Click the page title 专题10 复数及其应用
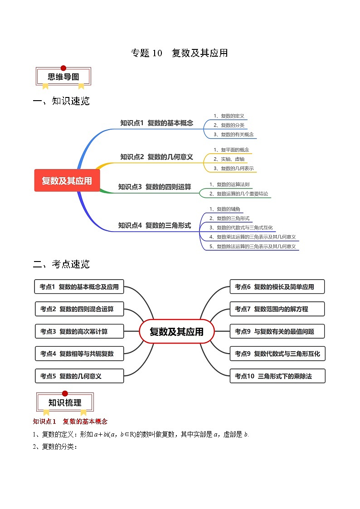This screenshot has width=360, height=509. tap(179, 53)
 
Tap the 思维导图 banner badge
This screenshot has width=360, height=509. tap(63, 77)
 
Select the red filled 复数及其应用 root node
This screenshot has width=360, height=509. tap(67, 181)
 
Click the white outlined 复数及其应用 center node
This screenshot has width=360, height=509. tap(176, 331)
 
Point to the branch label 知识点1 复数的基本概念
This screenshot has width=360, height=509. tap(156, 123)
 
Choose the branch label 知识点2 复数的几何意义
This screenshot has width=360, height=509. tap(156, 157)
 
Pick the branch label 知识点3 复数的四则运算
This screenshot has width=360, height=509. tap(155, 187)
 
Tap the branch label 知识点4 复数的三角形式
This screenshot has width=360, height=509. tap(155, 225)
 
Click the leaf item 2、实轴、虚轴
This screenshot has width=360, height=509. tap(229, 159)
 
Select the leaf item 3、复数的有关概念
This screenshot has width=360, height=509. tap(234, 135)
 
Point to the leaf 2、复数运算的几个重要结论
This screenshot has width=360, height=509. tap(238, 194)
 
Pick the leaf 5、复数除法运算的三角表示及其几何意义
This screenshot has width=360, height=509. tap(253, 247)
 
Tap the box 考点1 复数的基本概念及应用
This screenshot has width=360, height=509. tap(79, 287)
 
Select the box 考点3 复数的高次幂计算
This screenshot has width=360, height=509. tap(79, 331)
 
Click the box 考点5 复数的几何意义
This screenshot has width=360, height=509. tap(79, 376)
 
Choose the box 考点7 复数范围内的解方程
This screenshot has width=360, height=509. tap(277, 309)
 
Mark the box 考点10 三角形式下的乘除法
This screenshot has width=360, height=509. tap(277, 376)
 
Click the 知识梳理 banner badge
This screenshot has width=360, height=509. tap(65, 402)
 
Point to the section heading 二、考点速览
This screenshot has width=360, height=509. tap(62, 264)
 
